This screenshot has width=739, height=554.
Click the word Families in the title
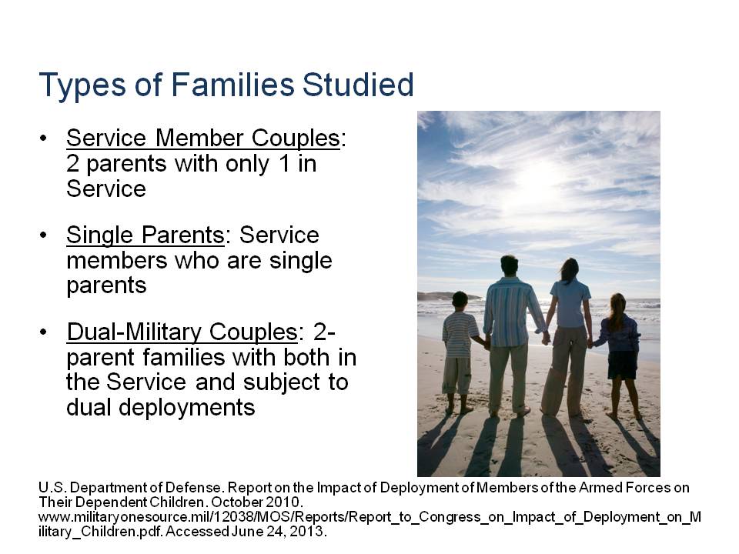[232, 85]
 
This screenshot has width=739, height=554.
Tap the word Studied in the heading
[358, 85]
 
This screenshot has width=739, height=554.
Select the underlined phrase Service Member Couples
[203, 138]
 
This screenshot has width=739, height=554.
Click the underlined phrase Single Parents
[145, 235]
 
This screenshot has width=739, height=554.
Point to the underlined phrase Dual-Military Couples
[182, 332]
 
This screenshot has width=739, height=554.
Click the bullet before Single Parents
[43, 235]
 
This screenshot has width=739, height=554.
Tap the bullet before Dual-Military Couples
[43, 332]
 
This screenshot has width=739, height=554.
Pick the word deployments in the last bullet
[186, 408]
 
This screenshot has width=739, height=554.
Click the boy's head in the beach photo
[460, 300]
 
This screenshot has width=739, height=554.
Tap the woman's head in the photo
[570, 269]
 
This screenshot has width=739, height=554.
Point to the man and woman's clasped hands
[546, 337]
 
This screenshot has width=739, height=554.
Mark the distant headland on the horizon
[448, 296]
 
